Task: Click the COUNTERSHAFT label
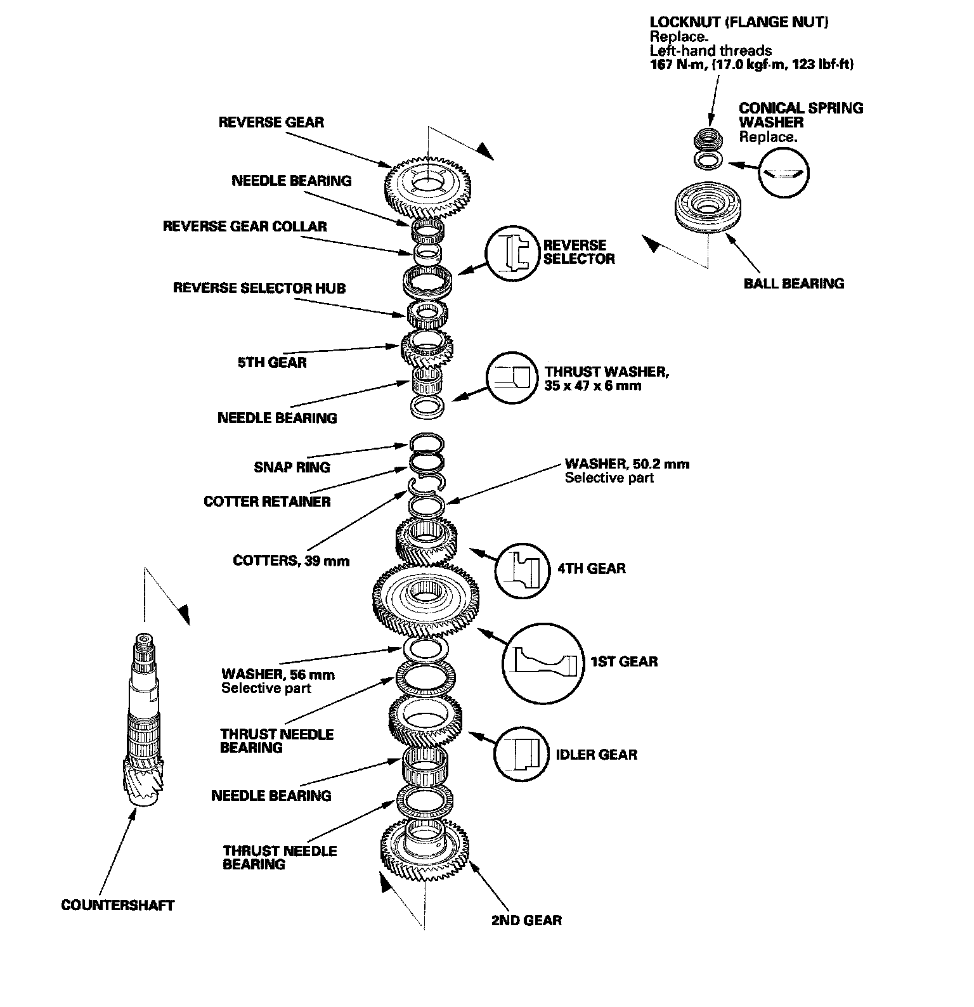117,905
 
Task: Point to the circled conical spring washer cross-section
784,172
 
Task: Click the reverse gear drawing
429,187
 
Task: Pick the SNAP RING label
292,467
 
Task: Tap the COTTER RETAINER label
267,502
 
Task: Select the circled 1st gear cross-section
543,663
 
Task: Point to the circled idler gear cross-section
521,753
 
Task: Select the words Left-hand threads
711,51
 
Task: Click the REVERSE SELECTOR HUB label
259,288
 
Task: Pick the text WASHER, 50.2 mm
627,464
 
